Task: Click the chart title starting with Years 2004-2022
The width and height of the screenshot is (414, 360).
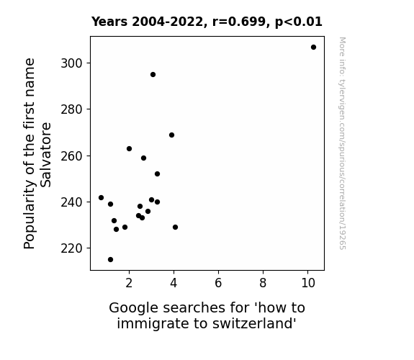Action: (x=207, y=22)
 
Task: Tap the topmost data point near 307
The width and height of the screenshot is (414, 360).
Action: (x=313, y=48)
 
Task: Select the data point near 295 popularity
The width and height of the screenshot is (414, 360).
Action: (x=153, y=75)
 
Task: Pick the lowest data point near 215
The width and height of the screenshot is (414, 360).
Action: (x=111, y=260)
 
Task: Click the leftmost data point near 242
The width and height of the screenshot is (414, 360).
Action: (x=101, y=197)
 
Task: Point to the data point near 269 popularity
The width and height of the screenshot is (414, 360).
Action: (x=171, y=135)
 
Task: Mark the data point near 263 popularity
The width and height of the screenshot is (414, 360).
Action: (x=129, y=149)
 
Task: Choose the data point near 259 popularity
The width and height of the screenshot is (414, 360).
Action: (x=143, y=158)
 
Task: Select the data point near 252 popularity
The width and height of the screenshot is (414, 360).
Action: (x=158, y=174)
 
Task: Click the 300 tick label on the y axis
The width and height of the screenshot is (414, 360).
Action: (x=72, y=63)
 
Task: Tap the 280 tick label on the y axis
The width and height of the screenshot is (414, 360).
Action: (x=72, y=109)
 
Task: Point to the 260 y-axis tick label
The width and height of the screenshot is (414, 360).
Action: (x=72, y=156)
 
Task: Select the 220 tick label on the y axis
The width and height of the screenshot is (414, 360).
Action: (x=72, y=248)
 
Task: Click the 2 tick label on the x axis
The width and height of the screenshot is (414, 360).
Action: (x=129, y=283)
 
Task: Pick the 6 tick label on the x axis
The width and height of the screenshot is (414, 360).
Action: (x=218, y=283)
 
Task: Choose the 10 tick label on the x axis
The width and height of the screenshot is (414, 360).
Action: (x=308, y=283)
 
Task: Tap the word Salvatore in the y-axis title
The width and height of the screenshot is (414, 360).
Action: (x=46, y=155)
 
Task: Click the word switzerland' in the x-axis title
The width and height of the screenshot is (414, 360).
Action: (x=255, y=323)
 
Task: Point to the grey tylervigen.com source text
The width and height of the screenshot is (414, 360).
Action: (x=343, y=143)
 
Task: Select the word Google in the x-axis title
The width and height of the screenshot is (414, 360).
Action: (x=134, y=308)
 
